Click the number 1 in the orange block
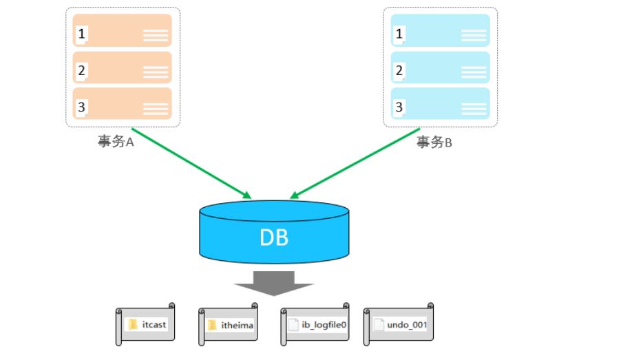(81, 34)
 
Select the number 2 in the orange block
(81, 70)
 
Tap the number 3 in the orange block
(81, 107)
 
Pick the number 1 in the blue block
(399, 34)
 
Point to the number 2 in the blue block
(399, 70)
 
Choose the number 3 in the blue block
(399, 107)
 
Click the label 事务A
(116, 142)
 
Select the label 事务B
(434, 142)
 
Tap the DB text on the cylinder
(274, 237)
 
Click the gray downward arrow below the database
(274, 284)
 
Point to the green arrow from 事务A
(191, 164)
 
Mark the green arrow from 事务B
(355, 164)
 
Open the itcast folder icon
(133, 324)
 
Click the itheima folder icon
(212, 326)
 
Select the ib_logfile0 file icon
(293, 324)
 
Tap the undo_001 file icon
(379, 324)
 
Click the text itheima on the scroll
(237, 326)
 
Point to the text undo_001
(407, 325)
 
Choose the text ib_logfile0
(324, 325)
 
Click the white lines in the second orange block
(156, 72)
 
